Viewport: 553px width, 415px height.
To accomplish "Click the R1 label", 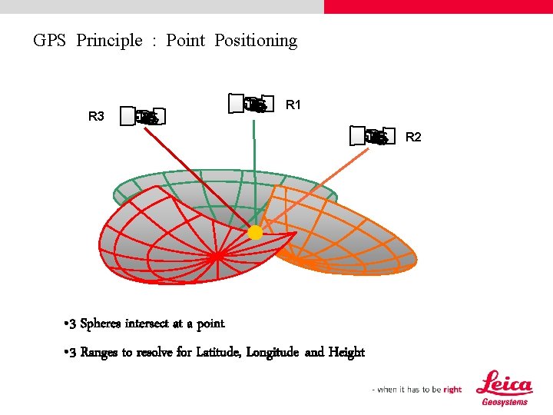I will pyautogui.click(x=293, y=105).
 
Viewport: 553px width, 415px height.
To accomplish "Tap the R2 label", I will pyautogui.click(x=413, y=137).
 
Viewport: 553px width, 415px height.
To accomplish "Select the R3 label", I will pyautogui.click(x=96, y=117).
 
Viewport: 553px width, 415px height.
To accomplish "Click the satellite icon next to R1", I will pyautogui.click(x=252, y=104).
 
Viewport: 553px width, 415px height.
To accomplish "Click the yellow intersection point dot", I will pyautogui.click(x=255, y=231).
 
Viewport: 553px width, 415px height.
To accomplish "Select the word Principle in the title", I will pyautogui.click(x=109, y=41).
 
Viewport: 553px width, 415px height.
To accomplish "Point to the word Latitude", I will pyautogui.click(x=217, y=352).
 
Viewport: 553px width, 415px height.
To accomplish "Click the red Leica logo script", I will pyautogui.click(x=505, y=383).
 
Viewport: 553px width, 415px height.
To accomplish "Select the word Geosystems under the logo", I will pyautogui.click(x=505, y=401).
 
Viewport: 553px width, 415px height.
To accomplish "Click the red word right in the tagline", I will pyautogui.click(x=452, y=390).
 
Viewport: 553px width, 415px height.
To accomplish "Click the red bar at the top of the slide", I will pyautogui.click(x=438, y=6).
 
